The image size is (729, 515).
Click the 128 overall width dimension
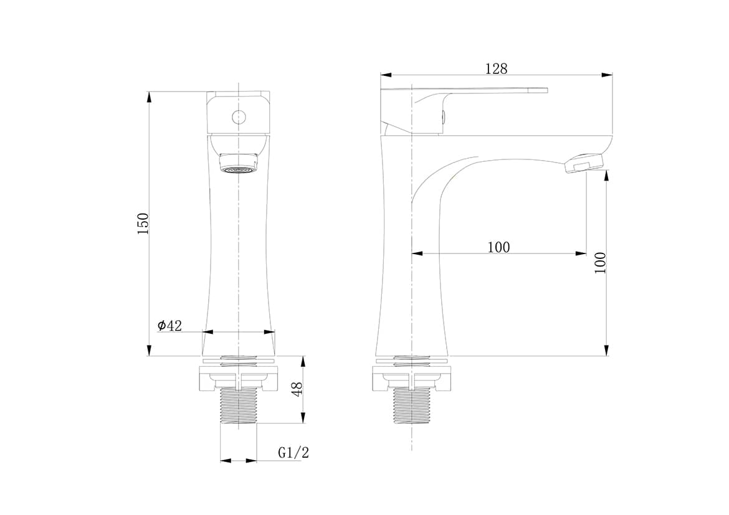(496, 69)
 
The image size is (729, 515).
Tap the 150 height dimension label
(143, 224)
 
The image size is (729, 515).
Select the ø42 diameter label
(169, 326)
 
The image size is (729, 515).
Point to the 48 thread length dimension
(298, 389)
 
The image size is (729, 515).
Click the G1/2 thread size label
(293, 452)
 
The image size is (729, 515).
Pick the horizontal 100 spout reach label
(498, 247)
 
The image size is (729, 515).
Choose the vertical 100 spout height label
(601, 263)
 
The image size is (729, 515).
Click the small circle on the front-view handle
(238, 116)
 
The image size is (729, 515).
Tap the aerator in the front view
(238, 164)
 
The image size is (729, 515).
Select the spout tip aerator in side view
(584, 163)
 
